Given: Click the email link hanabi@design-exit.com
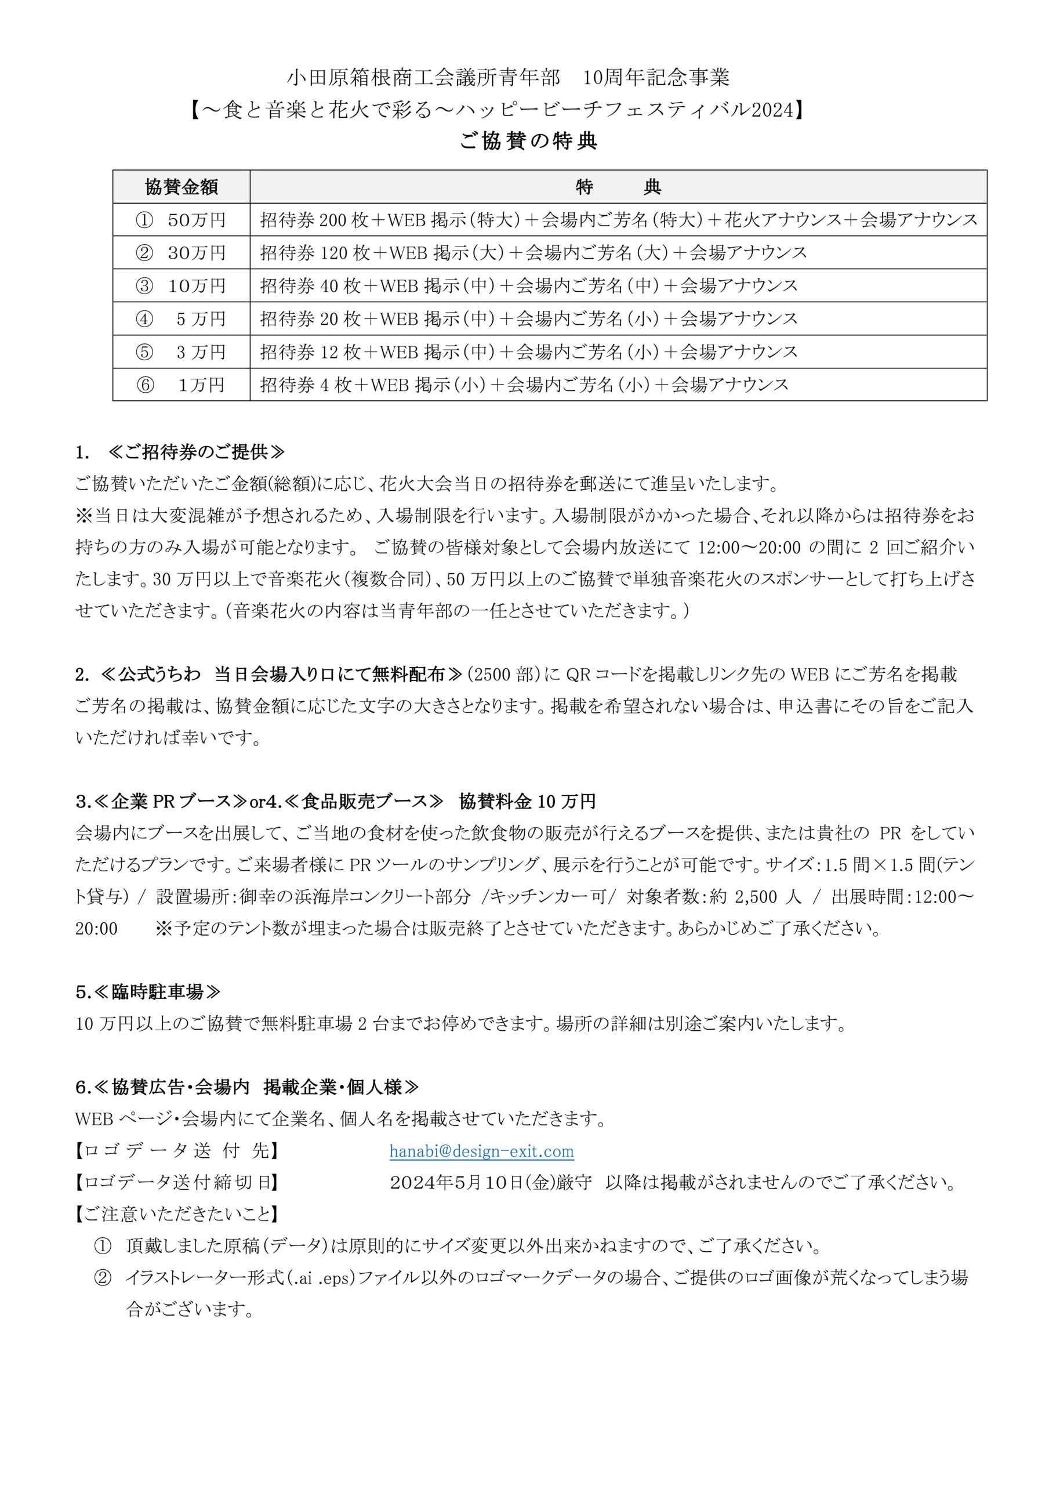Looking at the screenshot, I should point(481,1151).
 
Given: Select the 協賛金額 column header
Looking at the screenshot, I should point(181,187).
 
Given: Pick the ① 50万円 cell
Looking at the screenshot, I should point(181,220).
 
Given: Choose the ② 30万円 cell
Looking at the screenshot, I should point(181,253).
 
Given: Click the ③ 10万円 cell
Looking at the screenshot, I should point(181,286).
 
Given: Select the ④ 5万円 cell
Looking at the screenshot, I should point(181,319).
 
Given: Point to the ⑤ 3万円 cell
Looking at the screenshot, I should point(181,352).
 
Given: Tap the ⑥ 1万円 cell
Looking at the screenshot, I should point(181,385).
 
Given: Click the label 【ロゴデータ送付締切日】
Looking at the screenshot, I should point(176,1182).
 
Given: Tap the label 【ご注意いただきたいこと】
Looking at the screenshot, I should point(176,1214).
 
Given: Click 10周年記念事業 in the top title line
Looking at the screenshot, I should point(656,78).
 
